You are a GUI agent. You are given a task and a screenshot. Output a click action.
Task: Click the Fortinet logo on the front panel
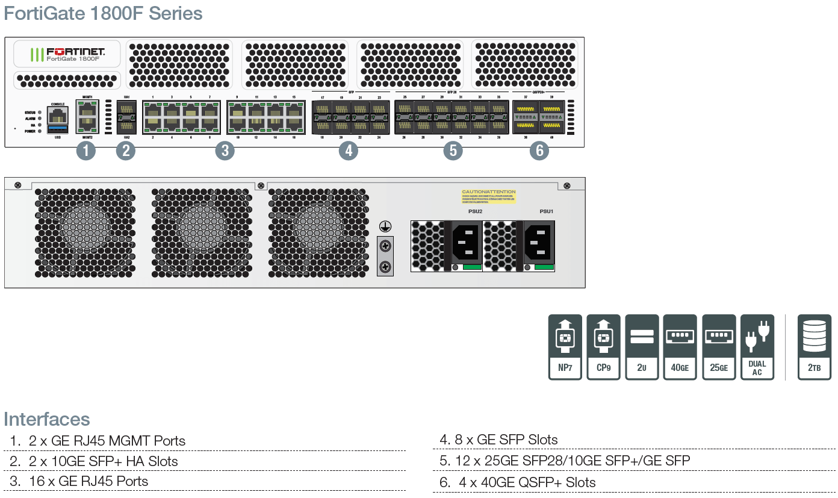[x=67, y=54]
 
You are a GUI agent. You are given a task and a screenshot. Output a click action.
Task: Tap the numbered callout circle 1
[x=86, y=151]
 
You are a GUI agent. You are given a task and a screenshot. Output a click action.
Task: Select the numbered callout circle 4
[x=348, y=151]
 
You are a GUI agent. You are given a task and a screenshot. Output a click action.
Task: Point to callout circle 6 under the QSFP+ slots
[x=539, y=151]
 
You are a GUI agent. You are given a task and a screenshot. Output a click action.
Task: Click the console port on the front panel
[x=58, y=114]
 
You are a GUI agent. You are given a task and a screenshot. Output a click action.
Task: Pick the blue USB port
[x=58, y=129]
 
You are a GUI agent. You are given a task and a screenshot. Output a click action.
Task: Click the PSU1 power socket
[x=538, y=241]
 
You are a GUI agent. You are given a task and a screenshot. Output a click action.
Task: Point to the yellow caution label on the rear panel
[x=489, y=196]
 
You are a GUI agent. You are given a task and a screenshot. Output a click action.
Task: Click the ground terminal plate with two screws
[x=385, y=256]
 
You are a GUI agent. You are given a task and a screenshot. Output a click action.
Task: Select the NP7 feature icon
[x=565, y=347]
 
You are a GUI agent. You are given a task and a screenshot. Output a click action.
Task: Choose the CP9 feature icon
[x=603, y=347]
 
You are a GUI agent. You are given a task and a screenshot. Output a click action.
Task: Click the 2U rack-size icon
[x=642, y=347]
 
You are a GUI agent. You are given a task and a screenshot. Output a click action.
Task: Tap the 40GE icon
[x=680, y=347]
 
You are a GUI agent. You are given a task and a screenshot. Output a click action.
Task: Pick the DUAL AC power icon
[x=757, y=347]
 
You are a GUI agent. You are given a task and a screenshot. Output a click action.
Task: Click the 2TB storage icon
[x=814, y=347]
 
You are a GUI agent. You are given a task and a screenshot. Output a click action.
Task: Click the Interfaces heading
[x=47, y=419]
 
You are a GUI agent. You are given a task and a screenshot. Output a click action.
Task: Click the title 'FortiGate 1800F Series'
[x=103, y=13]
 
